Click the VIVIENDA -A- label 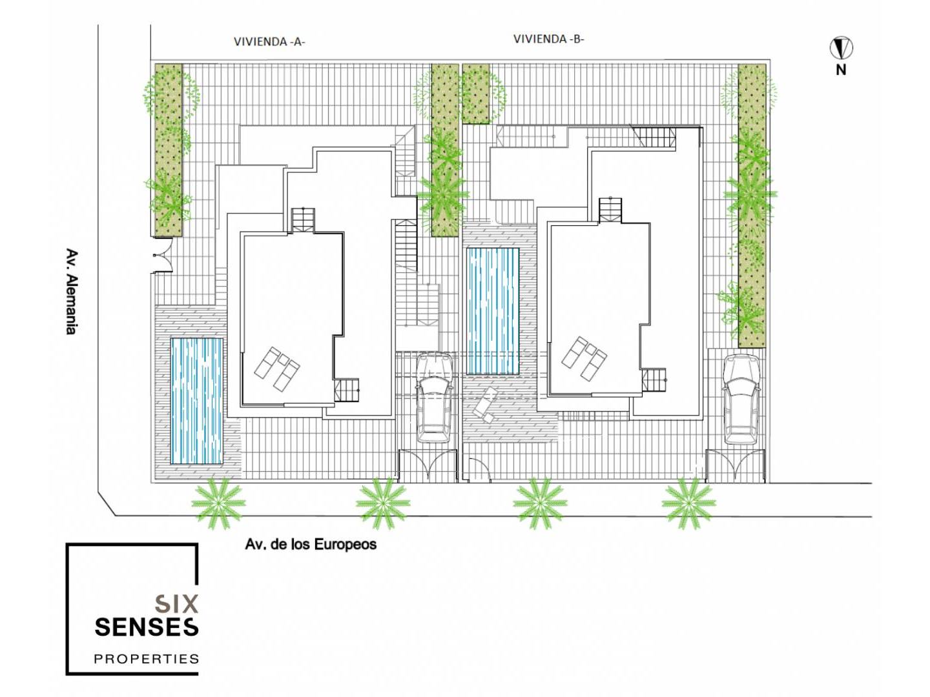pos(269,41)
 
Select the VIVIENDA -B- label pos(549,39)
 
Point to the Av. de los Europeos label pos(311,544)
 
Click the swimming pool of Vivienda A pos(196,401)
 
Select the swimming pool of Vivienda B pos(493,311)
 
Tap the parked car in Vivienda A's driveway pos(434,398)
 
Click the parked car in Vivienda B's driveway pos(741,399)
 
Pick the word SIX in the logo pos(177,603)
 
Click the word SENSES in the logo pos(147,627)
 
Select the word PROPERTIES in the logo pos(147,659)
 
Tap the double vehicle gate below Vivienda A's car pos(428,465)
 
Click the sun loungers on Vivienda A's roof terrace pos(277,369)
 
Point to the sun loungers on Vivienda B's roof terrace pos(584,358)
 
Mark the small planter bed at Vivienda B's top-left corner pos(476,94)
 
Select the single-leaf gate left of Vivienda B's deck pos(477,470)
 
